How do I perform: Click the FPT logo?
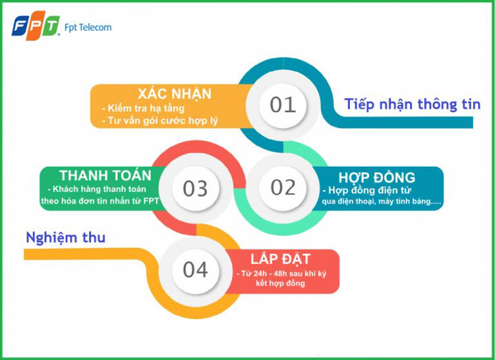(x=35, y=26)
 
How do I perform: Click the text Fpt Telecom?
(x=88, y=28)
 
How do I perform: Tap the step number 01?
(x=282, y=105)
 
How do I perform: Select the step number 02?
(x=283, y=187)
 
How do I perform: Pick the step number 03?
(x=195, y=189)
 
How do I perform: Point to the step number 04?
(x=195, y=270)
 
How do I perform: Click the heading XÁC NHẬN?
(x=175, y=94)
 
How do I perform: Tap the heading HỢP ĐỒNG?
(x=377, y=177)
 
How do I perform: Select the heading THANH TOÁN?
(x=106, y=175)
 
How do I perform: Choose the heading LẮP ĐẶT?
(x=280, y=259)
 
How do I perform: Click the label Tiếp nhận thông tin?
(x=412, y=104)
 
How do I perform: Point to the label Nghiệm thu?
(x=66, y=238)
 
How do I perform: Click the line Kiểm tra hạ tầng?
(x=143, y=108)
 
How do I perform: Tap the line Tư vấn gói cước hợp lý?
(x=160, y=120)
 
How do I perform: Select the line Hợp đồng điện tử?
(x=367, y=190)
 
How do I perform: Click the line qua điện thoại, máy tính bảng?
(x=382, y=202)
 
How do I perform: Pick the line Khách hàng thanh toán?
(x=97, y=189)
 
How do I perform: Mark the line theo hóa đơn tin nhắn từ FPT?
(x=100, y=201)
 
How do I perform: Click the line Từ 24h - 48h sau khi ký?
(x=282, y=273)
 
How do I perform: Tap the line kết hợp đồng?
(x=280, y=283)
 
